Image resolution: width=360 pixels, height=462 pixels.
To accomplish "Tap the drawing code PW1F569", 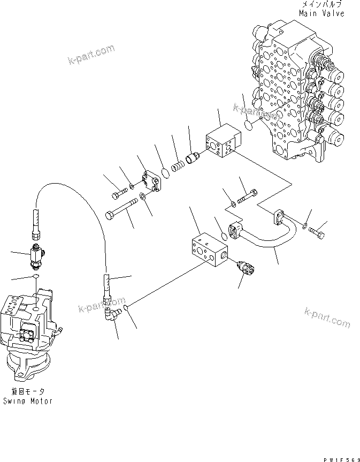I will (340, 453).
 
